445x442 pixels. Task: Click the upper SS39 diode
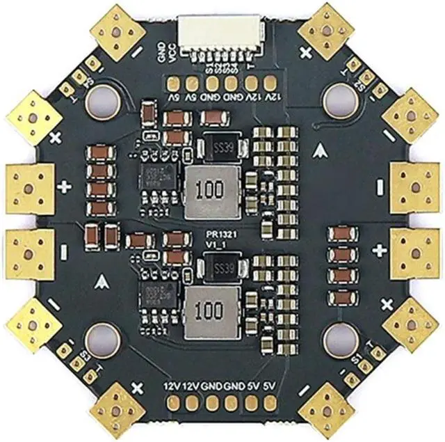[220, 146]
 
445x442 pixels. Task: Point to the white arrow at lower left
[103, 281]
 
